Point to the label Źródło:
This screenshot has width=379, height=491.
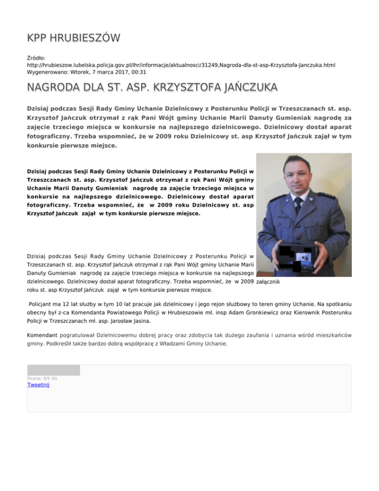click(38, 58)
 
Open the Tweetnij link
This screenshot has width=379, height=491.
click(38, 385)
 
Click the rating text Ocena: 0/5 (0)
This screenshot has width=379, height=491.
click(42, 378)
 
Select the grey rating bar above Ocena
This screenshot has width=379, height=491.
click(53, 370)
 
